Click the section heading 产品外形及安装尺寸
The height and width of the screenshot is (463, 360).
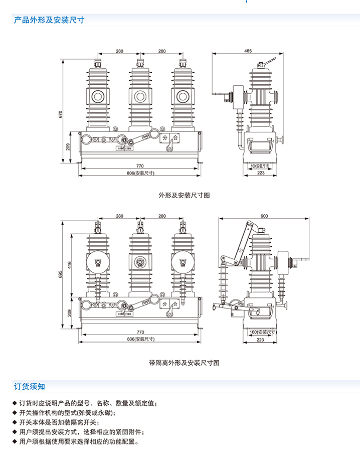(x=49, y=21)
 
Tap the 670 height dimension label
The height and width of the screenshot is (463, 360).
(x=61, y=114)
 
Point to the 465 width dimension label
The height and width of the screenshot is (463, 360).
(x=248, y=51)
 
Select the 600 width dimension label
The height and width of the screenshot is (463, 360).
(x=264, y=216)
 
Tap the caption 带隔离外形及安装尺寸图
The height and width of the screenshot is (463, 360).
(x=184, y=362)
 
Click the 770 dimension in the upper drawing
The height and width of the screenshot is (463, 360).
(x=140, y=166)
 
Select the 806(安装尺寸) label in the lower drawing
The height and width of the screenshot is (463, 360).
(x=140, y=339)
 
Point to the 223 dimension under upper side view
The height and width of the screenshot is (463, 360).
(x=261, y=173)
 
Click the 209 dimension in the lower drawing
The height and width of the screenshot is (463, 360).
(x=70, y=312)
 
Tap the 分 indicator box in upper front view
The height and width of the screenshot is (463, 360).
(x=165, y=137)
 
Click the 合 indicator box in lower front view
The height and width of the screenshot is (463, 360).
(x=175, y=304)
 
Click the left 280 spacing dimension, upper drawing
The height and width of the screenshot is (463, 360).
(x=119, y=51)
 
